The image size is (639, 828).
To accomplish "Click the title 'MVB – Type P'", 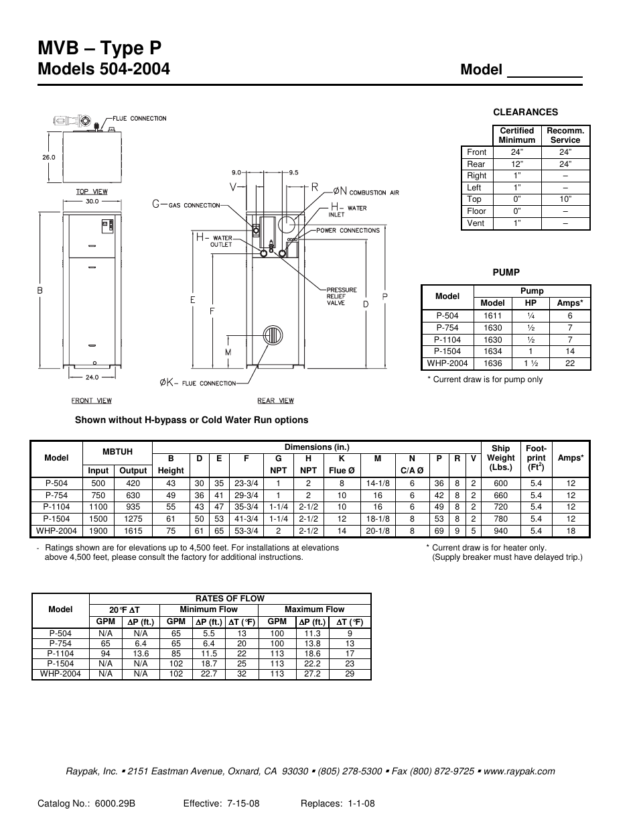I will point(100,48).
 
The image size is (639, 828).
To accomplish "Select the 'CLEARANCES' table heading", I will point(525,112).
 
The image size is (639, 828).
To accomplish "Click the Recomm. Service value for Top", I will point(565,199).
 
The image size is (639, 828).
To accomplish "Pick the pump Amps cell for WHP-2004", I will point(569,363).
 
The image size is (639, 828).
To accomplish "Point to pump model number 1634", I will point(492,351).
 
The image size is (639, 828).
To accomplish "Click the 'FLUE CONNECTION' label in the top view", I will point(139,119).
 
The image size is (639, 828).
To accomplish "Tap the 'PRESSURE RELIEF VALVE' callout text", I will point(341,296).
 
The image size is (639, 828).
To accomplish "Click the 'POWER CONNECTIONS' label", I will point(348,231).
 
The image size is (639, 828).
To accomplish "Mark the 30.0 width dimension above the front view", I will point(92,201).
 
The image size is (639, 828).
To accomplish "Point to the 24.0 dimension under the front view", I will point(92,377).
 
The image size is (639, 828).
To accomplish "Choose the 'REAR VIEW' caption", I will point(275,401).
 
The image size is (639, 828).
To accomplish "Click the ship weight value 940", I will point(500,531).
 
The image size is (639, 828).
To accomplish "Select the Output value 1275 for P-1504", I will point(133,519).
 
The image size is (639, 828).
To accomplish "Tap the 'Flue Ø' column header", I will point(342,471).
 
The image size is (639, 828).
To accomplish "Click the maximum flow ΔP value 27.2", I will point(311,674).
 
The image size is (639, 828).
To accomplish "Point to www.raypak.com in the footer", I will point(519,771).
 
